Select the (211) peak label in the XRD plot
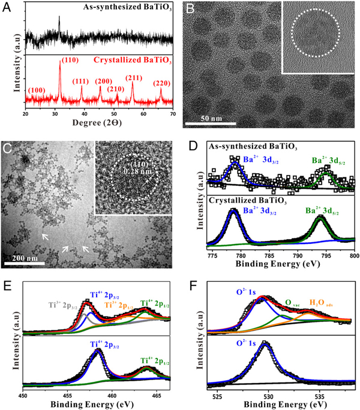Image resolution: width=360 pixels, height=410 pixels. point(134,77)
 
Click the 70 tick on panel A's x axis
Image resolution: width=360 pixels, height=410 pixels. point(173,113)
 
